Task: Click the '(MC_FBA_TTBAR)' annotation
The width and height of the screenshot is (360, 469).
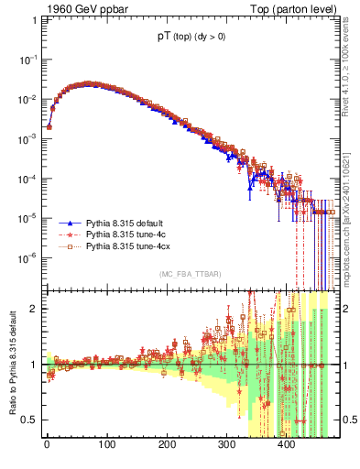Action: click(x=191, y=274)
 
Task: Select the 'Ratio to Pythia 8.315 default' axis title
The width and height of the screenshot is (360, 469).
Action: click(x=12, y=365)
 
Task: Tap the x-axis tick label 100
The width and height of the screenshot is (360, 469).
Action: click(x=106, y=445)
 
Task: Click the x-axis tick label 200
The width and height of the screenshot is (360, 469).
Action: click(x=167, y=445)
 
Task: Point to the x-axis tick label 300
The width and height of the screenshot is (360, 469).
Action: click(x=226, y=445)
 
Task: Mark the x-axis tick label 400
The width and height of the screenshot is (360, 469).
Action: click(x=287, y=445)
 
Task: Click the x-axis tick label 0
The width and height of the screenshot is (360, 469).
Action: click(x=47, y=445)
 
